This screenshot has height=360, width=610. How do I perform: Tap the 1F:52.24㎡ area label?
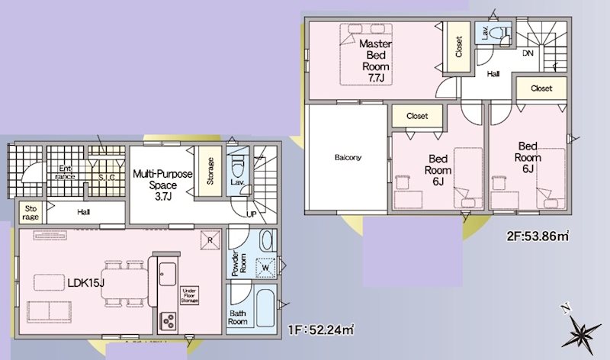(x=321, y=330)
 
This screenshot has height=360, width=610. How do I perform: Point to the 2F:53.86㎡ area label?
(x=538, y=236)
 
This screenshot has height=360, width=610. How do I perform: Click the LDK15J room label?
(x=86, y=283)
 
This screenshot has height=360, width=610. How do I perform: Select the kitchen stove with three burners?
(x=169, y=321)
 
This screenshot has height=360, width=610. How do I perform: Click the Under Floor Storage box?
(x=189, y=296)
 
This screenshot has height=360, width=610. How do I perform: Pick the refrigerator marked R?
(x=210, y=240)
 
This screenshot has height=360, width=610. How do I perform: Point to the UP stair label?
(x=252, y=214)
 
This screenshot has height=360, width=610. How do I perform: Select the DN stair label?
(x=528, y=53)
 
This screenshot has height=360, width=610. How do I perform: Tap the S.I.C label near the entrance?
(x=107, y=178)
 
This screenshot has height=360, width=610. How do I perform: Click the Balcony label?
(x=348, y=158)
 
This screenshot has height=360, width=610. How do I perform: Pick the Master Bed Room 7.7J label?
(x=375, y=60)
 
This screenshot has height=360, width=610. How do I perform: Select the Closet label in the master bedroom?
(x=459, y=47)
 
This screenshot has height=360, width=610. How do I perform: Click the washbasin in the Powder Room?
(x=267, y=241)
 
